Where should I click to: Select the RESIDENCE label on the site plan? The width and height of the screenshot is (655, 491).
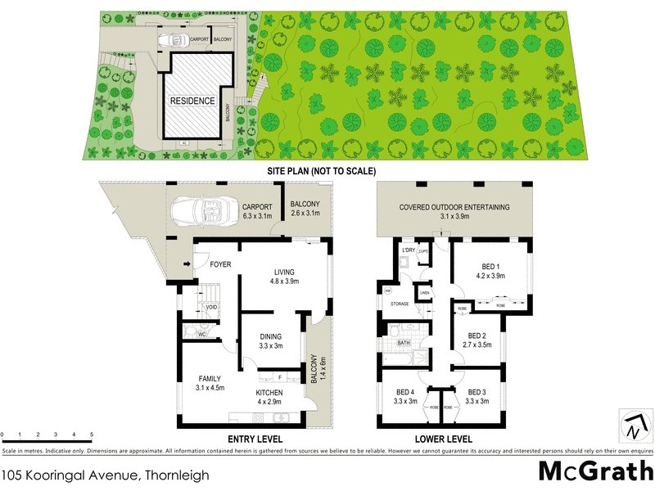click(x=192, y=101)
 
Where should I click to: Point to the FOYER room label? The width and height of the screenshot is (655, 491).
click(x=221, y=264)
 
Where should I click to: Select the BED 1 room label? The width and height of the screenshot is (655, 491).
click(x=488, y=271)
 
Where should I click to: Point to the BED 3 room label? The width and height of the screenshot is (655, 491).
click(x=477, y=397)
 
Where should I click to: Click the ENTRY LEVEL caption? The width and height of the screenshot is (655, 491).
click(x=256, y=439)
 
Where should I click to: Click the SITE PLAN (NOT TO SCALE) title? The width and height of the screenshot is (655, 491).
click(x=321, y=172)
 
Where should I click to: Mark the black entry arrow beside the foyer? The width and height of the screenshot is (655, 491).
click(x=187, y=264)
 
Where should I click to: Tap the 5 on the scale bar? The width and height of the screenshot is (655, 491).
click(x=92, y=435)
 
